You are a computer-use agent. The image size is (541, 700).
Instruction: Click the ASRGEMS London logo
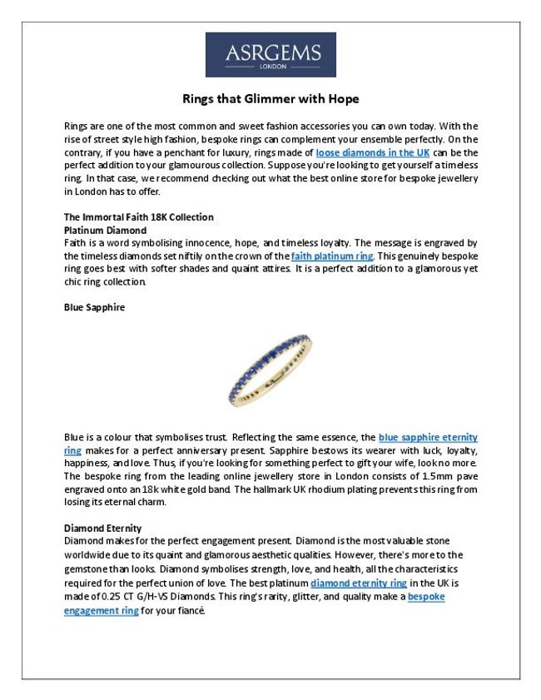click(x=270, y=55)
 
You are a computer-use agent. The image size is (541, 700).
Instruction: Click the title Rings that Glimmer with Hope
click(x=270, y=98)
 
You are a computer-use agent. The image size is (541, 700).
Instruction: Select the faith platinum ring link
click(x=332, y=256)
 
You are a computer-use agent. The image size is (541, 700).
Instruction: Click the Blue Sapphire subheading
click(x=94, y=307)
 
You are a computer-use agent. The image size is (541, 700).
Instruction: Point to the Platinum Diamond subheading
click(x=105, y=230)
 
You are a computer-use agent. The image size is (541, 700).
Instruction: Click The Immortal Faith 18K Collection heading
click(x=138, y=217)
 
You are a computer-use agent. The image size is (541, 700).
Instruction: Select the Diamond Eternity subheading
click(x=102, y=528)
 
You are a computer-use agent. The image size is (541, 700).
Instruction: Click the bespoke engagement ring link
click(x=426, y=598)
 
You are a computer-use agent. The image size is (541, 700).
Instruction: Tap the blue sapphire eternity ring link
click(x=428, y=437)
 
